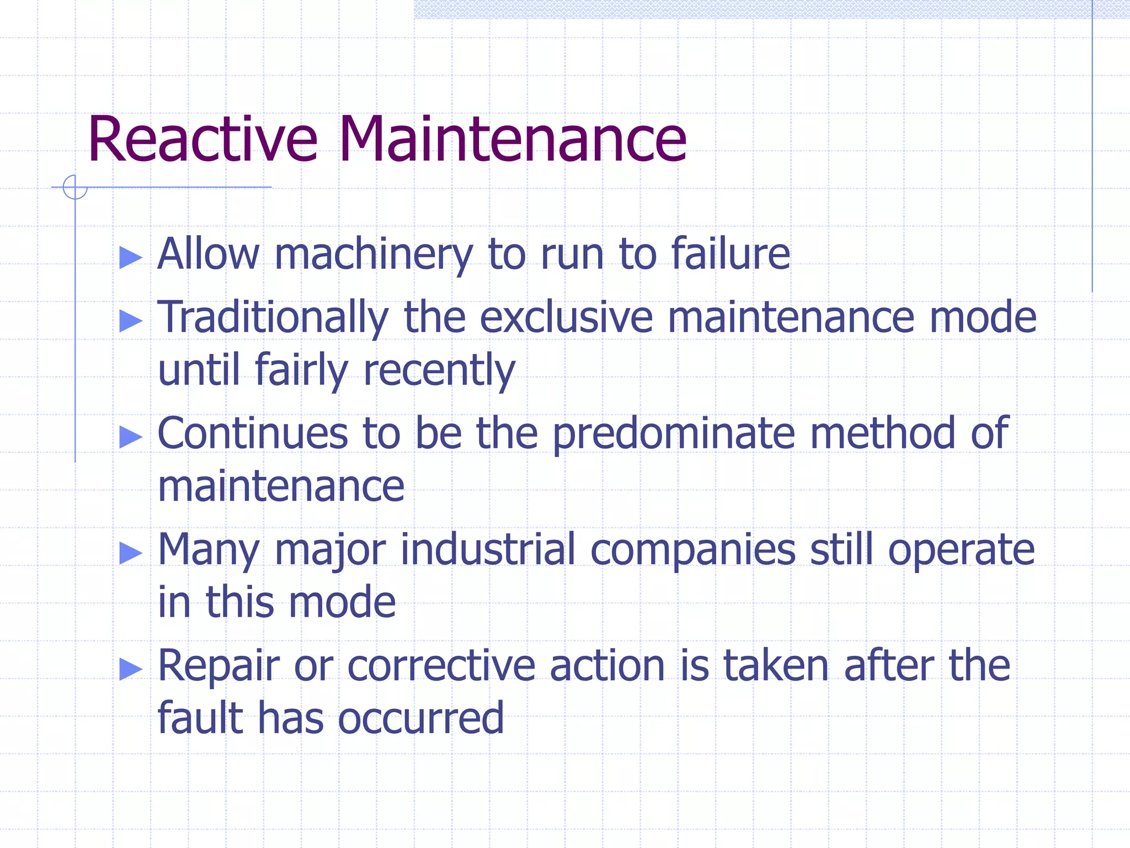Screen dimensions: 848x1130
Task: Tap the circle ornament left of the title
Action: [x=75, y=187]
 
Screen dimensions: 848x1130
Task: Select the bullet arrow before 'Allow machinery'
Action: [x=131, y=257]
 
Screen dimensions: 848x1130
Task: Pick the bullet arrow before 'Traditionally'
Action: [x=131, y=321]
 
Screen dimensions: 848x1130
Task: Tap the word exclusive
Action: [x=566, y=317]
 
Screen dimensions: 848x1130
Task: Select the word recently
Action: [x=439, y=370]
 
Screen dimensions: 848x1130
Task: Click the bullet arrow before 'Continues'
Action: [x=131, y=437]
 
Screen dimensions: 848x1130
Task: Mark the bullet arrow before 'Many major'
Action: [x=131, y=553]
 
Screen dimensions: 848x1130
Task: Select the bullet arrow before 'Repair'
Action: [x=131, y=669]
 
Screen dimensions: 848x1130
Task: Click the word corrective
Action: [x=441, y=666]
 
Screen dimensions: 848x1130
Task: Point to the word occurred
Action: [x=420, y=718]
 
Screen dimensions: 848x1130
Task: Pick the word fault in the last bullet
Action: [x=200, y=717]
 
